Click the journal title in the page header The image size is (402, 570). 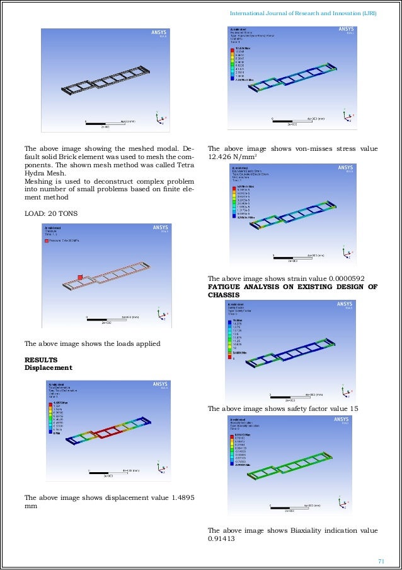[x=304, y=13]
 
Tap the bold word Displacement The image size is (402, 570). [x=48, y=367]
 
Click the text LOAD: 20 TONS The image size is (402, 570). [x=50, y=214]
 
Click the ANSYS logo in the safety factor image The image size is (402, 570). [x=345, y=304]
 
